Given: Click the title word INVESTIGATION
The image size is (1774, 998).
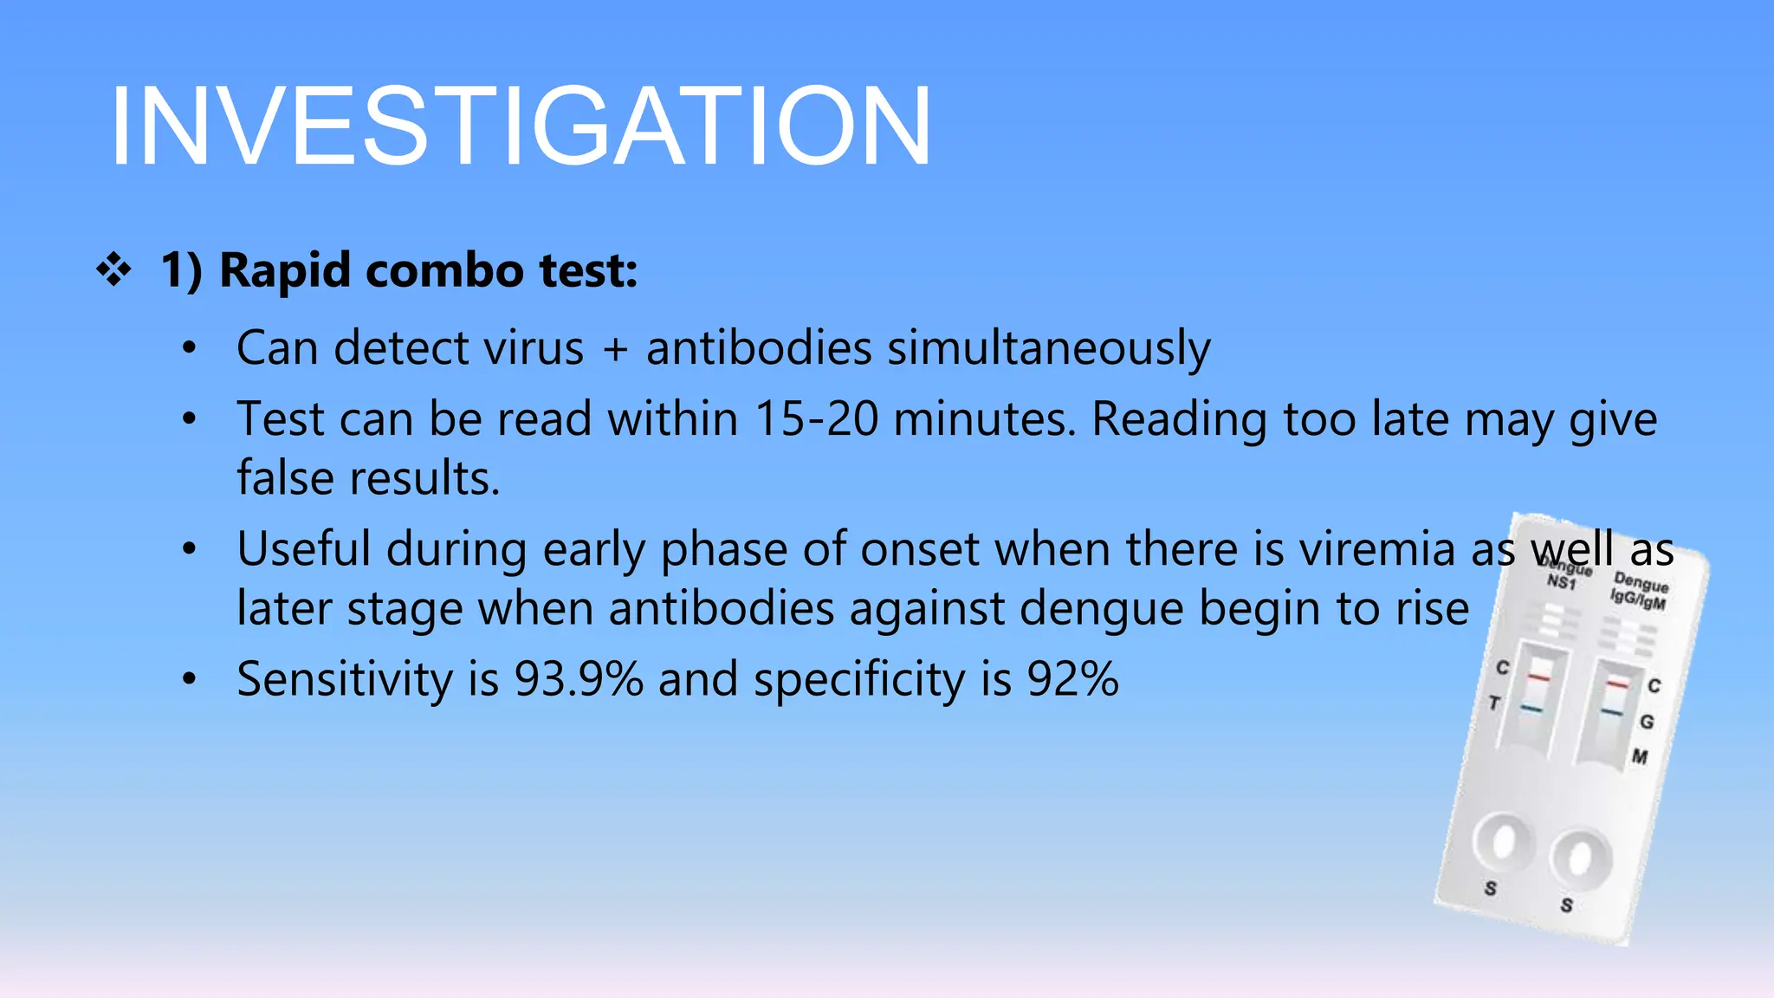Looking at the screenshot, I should coord(520,126).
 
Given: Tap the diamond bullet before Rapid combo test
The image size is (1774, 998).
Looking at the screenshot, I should coord(113,271).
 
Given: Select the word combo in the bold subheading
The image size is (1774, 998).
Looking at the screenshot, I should coord(444,271).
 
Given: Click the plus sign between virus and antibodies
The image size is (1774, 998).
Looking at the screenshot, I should coord(614,349).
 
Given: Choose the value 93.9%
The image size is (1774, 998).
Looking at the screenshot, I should coord(579,679).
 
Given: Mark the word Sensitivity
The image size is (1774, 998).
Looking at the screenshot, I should coord(344,679).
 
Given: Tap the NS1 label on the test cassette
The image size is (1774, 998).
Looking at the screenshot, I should coord(1562,582).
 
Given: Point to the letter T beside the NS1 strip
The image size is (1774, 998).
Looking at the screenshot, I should coord(1494,703).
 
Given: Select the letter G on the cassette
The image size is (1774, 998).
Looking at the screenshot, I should coord(1647,722).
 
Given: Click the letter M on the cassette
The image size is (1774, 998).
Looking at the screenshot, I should coord(1640,757).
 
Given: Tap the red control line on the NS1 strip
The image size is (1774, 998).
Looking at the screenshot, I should coord(1538,677).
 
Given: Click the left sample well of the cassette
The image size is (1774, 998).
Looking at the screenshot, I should coord(1504,839).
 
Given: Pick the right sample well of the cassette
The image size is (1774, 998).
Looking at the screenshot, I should coord(1581,858).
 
